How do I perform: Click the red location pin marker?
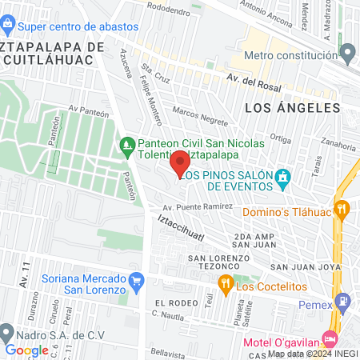point(181,162)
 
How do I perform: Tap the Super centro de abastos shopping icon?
point(6,26)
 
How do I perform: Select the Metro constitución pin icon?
point(347,54)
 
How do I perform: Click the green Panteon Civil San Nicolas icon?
point(126,145)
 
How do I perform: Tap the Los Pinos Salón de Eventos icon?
point(282,176)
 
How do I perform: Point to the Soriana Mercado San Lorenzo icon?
point(136,280)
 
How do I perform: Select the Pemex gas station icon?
point(343,302)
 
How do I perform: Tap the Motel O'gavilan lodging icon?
point(330,338)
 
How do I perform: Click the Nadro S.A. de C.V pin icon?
point(7,331)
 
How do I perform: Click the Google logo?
point(26,350)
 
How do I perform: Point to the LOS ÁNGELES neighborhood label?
point(292,107)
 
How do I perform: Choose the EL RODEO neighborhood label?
point(176,302)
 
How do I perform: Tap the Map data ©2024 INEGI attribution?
point(313,353)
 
